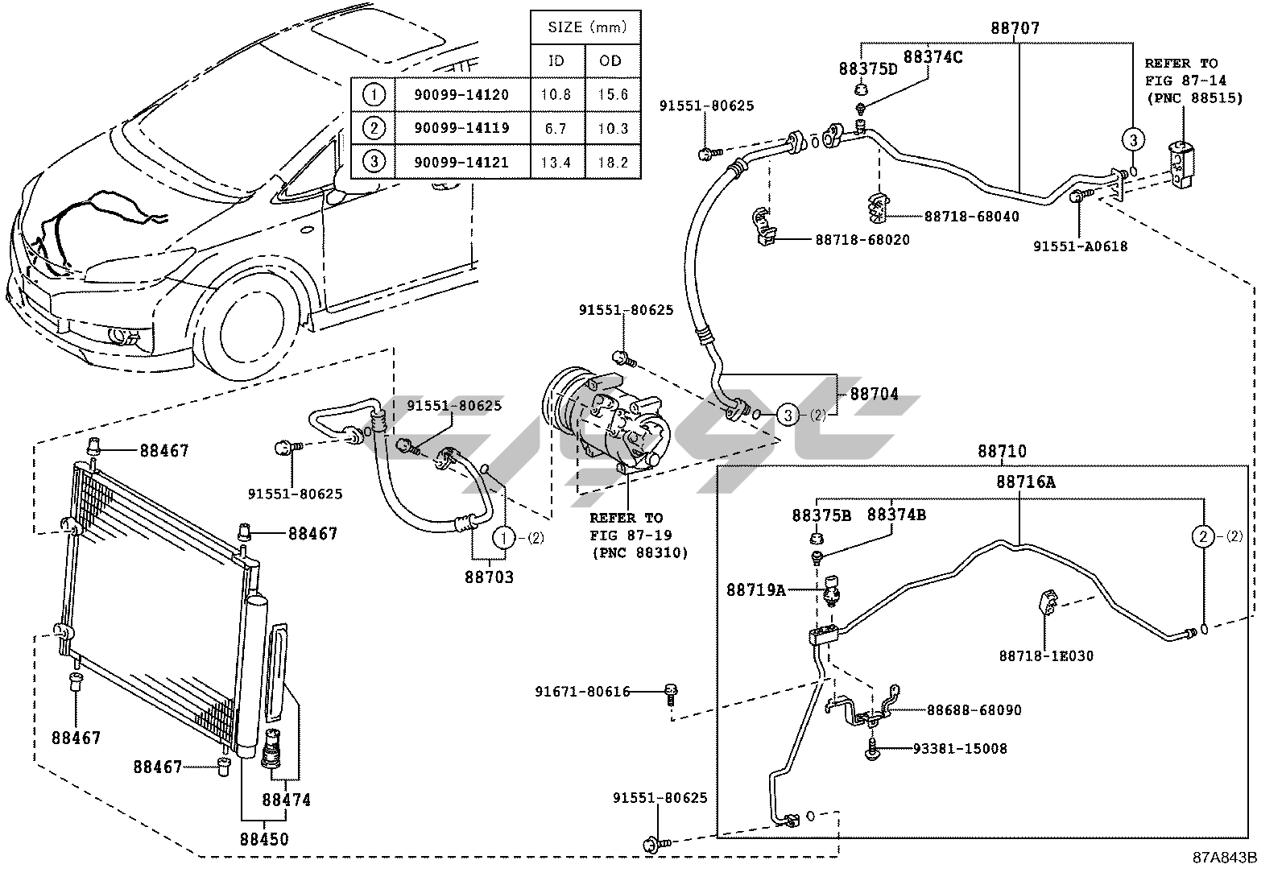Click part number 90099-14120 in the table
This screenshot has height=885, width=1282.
coord(461,94)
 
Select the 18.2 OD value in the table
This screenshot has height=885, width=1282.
coord(613,162)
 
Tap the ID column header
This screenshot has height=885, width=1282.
coord(556,60)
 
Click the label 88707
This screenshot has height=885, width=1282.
coord(1015,28)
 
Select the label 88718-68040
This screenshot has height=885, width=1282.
coord(971,217)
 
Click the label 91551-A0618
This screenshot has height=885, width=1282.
coord(1081,246)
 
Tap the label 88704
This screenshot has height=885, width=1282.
coord(875,395)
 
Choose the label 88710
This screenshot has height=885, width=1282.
coord(1003,452)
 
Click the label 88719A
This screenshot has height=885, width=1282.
coord(755,590)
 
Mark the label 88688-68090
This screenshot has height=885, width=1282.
coord(974,710)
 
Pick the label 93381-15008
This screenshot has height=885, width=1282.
coord(960,749)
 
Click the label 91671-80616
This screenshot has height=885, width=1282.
coord(582,691)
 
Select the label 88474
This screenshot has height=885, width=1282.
coord(286,800)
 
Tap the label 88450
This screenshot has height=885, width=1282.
coord(264,838)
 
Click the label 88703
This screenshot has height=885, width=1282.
coord(489,577)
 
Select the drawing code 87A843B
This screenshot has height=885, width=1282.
coord(1224,858)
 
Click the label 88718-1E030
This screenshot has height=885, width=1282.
coord(1046,655)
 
